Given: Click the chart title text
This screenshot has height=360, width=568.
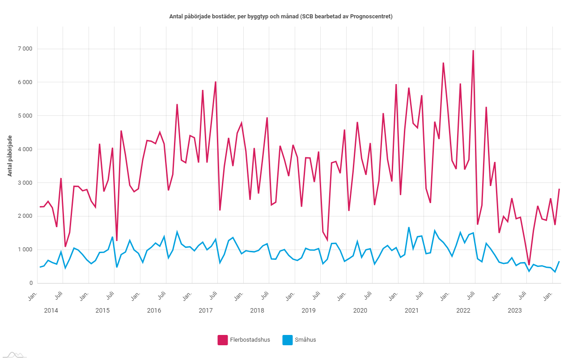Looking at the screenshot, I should [x=280, y=17].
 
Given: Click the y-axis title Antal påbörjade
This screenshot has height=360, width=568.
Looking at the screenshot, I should [x=10, y=156].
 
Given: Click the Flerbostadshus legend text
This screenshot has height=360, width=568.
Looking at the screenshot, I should [x=250, y=340].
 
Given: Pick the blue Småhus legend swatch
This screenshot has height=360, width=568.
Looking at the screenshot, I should [x=288, y=340].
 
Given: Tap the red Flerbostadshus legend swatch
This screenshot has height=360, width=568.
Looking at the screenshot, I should [x=223, y=340].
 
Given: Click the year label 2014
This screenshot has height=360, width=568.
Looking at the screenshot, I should [x=51, y=310].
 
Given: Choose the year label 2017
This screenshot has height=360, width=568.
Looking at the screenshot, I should [x=205, y=310].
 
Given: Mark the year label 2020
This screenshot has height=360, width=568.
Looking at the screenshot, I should [x=360, y=310].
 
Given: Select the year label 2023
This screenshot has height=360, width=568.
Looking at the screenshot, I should [x=515, y=310].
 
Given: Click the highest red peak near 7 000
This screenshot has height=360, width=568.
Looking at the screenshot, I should [x=473, y=51].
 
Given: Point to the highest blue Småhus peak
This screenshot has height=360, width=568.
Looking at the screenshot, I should [x=409, y=227].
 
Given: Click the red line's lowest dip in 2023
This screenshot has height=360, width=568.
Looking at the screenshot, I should [x=529, y=265].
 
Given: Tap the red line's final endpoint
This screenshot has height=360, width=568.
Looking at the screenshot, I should [x=559, y=189].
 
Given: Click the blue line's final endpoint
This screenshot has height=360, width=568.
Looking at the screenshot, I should [x=559, y=262].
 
